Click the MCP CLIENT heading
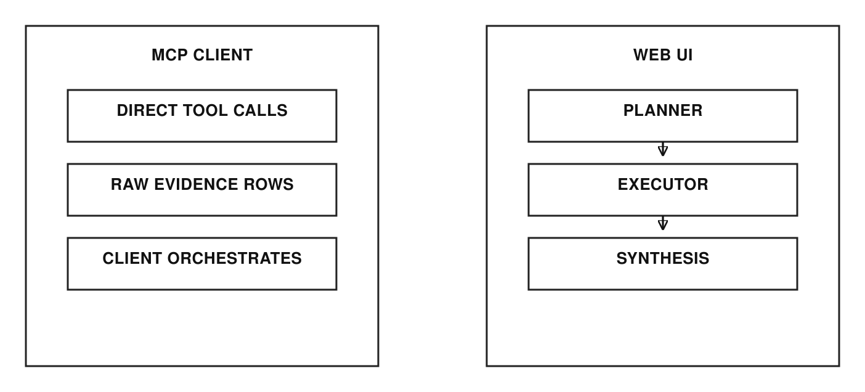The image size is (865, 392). (x=202, y=55)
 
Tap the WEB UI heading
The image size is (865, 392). (x=663, y=55)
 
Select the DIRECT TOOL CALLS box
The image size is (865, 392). (x=202, y=116)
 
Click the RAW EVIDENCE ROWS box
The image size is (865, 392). (x=202, y=190)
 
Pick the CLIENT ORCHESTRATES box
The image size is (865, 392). (x=202, y=264)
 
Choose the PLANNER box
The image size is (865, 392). (x=663, y=116)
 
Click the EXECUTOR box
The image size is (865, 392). (x=663, y=190)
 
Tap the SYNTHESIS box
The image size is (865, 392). (x=663, y=264)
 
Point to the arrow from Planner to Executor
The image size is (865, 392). (x=663, y=149)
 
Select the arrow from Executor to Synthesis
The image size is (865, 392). (x=663, y=223)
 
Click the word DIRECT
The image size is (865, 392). (x=147, y=110)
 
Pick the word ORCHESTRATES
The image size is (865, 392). (x=234, y=258)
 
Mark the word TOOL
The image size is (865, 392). (x=205, y=110)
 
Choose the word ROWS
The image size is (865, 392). (x=269, y=184)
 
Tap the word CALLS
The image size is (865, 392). (x=260, y=110)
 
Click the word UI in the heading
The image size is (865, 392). (x=684, y=55)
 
